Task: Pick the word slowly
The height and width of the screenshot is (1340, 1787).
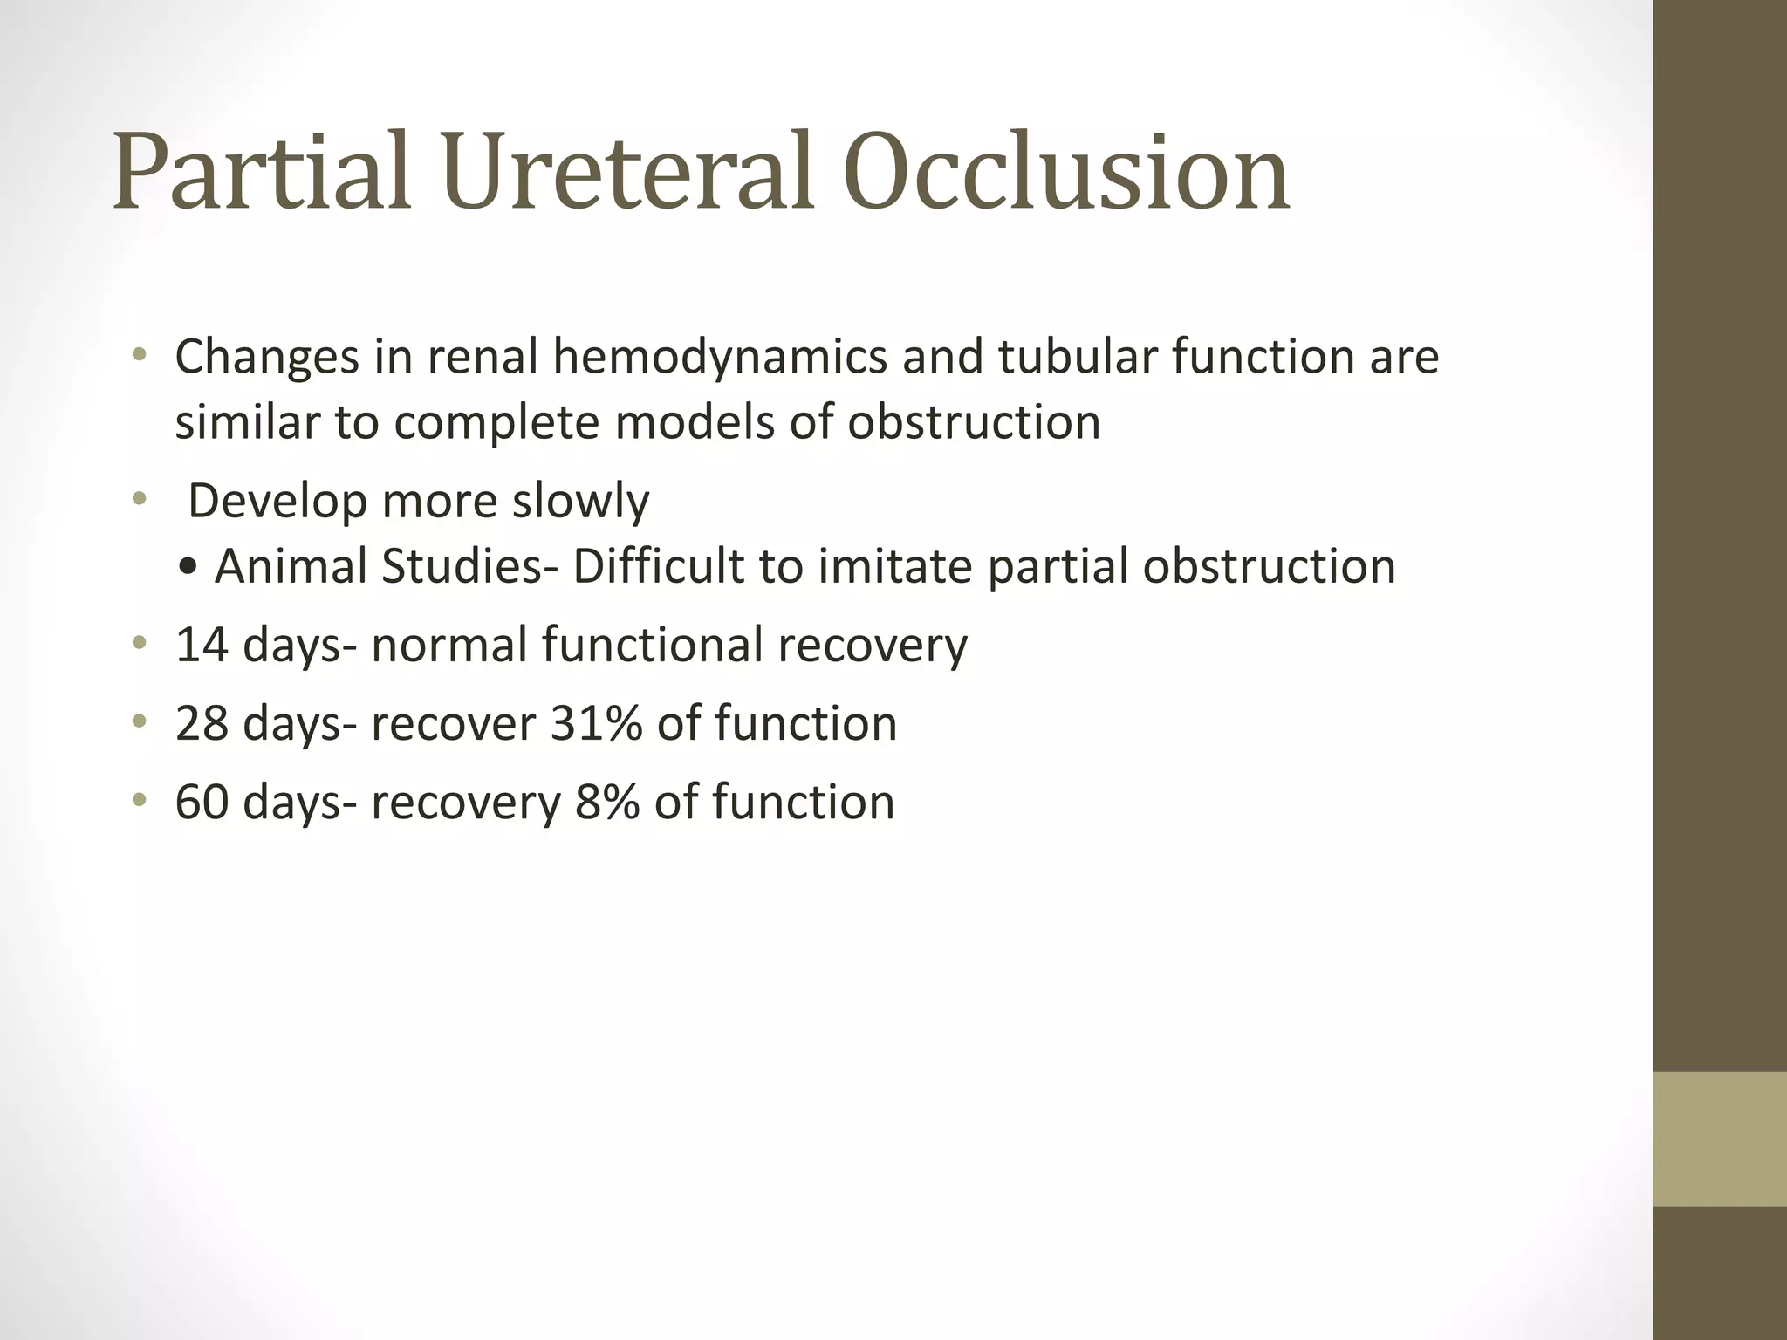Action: [x=580, y=502]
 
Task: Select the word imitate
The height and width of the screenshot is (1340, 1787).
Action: [x=895, y=566]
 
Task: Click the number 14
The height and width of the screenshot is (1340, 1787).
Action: [x=202, y=645]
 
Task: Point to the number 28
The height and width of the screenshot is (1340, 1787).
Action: [x=202, y=723]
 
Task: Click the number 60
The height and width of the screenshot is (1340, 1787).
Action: [x=202, y=802]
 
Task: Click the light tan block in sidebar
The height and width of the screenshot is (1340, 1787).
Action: [x=1719, y=1138]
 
